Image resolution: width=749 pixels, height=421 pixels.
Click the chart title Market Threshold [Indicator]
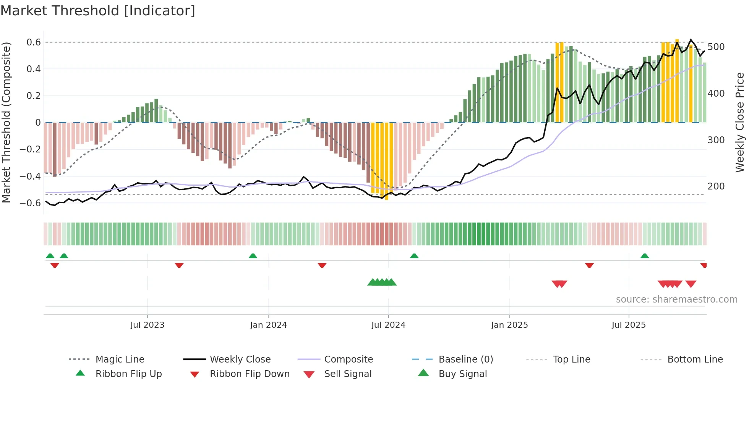coord(98,11)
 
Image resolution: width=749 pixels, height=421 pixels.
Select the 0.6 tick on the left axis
coord(34,42)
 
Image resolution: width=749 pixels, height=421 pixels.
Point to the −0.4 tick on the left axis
coord(30,176)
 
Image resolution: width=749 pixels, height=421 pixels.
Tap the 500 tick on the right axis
coord(716,47)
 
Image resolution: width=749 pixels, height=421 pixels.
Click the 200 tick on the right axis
coord(716,186)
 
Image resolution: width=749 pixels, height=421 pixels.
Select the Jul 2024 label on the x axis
coord(388,325)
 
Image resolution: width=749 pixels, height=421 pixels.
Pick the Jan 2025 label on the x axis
coord(509,325)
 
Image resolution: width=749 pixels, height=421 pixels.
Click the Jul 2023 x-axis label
coord(147,325)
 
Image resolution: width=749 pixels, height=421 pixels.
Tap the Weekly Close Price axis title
coord(740,122)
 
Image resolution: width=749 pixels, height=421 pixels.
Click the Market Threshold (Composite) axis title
coord(6,122)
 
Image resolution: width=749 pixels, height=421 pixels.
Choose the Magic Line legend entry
coord(120,359)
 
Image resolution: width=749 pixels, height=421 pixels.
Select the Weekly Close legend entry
coord(240,359)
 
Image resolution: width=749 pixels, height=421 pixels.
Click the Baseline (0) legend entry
coord(466,359)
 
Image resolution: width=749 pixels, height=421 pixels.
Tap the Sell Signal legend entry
coord(348,374)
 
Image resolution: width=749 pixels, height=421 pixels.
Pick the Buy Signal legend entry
coord(463,374)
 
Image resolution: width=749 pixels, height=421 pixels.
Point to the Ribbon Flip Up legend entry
coord(128,374)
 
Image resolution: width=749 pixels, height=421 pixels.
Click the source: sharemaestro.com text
coord(676,300)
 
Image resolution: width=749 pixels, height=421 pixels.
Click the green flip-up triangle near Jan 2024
coord(253,256)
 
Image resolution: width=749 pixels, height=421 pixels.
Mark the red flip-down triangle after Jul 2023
coord(179,265)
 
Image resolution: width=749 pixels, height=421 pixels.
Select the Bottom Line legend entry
coord(695,359)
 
